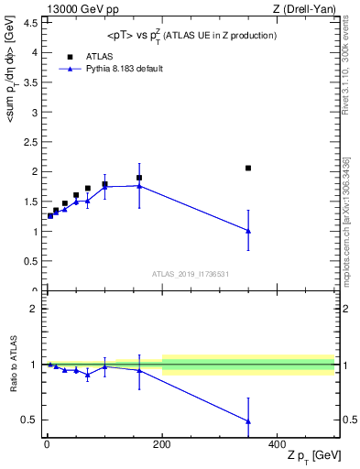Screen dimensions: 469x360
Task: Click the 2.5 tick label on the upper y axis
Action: (x=30, y=142)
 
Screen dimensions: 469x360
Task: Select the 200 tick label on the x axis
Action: (x=162, y=442)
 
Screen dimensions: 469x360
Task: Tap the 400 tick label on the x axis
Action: (x=278, y=442)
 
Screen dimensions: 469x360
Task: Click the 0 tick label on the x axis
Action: (x=47, y=442)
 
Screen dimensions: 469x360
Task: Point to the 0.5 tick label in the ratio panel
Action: (x=30, y=420)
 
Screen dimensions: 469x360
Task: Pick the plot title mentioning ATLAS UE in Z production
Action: (x=190, y=35)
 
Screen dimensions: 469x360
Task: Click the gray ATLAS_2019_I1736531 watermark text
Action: (x=190, y=274)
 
